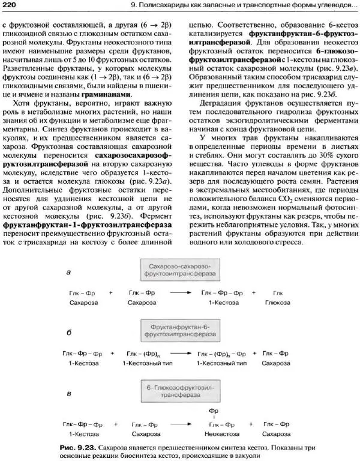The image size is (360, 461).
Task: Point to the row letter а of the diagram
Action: (x=69, y=273)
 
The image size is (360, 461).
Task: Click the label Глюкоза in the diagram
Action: (x=277, y=302)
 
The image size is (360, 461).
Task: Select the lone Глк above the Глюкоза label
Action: (x=277, y=292)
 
